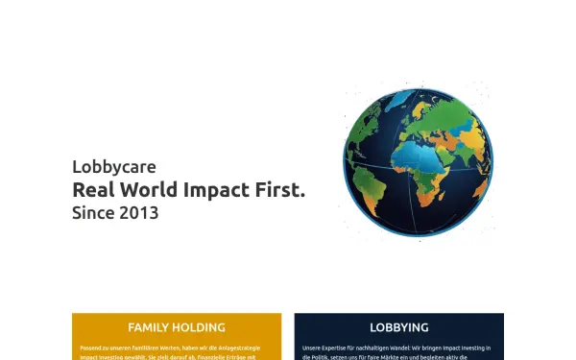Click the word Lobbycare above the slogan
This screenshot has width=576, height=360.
click(x=113, y=167)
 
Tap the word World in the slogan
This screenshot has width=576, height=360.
click(x=143, y=190)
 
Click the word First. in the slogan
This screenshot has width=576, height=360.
click(x=279, y=190)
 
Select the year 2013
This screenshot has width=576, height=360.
click(x=139, y=213)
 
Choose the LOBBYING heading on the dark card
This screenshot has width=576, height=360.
click(x=398, y=327)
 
